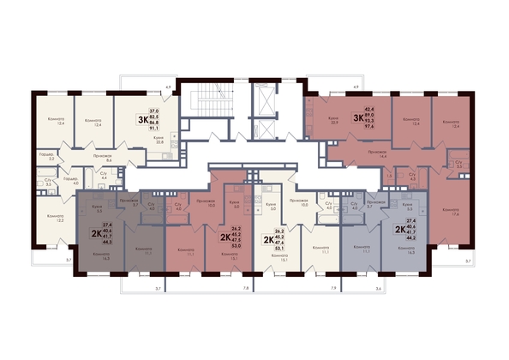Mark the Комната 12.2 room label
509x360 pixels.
(56, 217)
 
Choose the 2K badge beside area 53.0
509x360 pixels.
(226, 237)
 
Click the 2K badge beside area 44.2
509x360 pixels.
(399, 230)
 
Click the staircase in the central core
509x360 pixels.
(207, 102)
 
